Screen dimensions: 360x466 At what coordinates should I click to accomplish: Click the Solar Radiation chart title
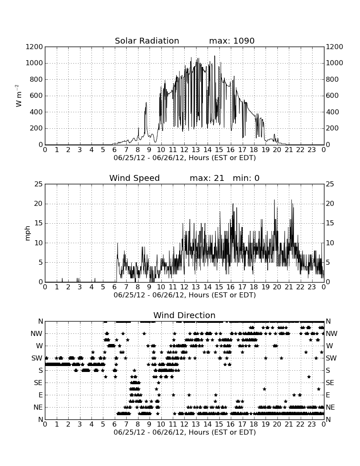tap(147, 41)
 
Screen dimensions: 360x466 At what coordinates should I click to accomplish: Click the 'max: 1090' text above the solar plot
tap(232, 41)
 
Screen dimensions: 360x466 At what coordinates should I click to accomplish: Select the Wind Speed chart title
tap(134, 178)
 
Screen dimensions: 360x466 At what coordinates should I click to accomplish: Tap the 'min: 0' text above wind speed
tap(246, 178)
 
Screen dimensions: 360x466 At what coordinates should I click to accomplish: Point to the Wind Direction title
tap(184, 315)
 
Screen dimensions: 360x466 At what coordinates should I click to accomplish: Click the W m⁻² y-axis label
tap(18, 96)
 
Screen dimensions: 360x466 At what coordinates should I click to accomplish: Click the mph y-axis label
tap(28, 233)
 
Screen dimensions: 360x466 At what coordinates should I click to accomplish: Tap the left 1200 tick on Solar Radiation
tap(34, 47)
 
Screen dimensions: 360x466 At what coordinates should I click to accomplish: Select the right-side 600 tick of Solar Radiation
tap(332, 95)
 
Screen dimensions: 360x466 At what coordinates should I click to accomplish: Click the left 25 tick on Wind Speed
tap(39, 184)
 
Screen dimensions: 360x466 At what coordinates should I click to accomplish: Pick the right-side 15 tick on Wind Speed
tap(330, 223)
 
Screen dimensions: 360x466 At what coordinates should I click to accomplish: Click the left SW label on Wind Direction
tap(37, 358)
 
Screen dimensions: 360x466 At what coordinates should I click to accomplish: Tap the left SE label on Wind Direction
tap(38, 383)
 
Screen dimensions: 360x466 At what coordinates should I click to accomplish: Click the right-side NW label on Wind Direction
tap(332, 333)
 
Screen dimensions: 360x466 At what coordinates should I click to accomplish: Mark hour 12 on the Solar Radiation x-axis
tap(184, 150)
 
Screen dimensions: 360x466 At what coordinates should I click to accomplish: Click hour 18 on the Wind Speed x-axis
tap(254, 287)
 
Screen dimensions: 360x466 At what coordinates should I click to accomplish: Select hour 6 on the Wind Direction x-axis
tap(115, 424)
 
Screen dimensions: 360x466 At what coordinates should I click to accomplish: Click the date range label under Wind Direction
tap(185, 432)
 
